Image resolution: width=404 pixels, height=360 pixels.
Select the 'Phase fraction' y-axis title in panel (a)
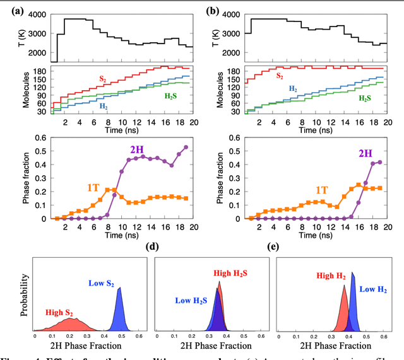(x=10, y=177)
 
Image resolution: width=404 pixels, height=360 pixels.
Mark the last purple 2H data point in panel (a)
(x=186, y=148)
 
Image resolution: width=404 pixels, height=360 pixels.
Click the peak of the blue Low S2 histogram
(x=119, y=287)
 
